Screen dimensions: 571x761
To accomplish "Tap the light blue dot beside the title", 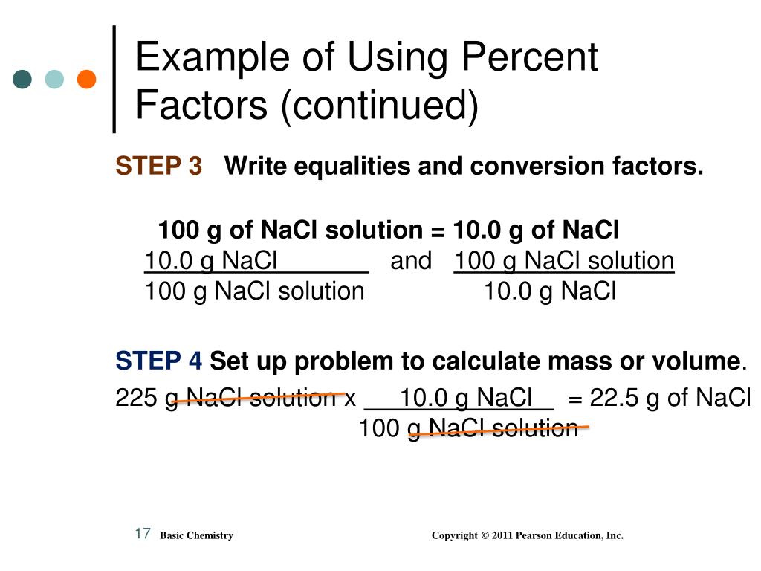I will tap(55, 80).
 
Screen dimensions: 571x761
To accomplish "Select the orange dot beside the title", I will tap(87, 80).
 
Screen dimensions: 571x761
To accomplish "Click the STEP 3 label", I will tap(158, 167).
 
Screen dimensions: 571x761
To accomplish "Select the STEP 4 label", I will tap(158, 361).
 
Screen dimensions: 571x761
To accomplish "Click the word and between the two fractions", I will tap(410, 261).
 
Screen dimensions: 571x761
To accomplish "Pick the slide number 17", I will tap(143, 533).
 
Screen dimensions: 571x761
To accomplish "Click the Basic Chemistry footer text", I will tap(196, 535).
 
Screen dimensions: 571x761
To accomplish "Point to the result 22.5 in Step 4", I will tap(615, 399).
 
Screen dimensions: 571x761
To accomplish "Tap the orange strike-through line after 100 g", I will tap(498, 429).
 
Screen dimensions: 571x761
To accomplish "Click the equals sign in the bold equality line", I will tap(437, 230).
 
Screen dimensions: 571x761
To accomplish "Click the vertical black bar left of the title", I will tap(114, 80).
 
